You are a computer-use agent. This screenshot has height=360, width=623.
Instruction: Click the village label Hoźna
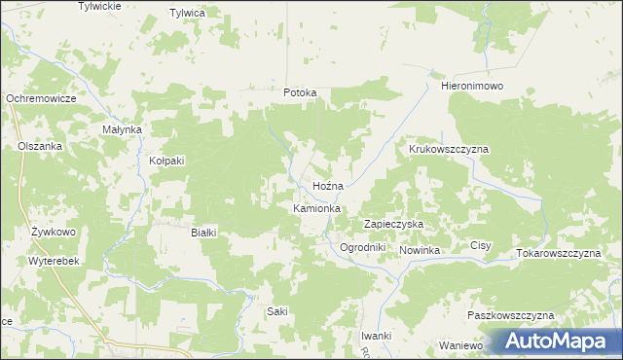click(x=328, y=185)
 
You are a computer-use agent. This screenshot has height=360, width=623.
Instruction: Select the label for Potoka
click(x=300, y=93)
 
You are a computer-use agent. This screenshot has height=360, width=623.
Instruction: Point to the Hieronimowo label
click(x=471, y=87)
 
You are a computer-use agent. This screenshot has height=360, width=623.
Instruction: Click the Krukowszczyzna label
click(x=448, y=150)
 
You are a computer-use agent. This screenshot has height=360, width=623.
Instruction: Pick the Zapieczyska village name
click(x=393, y=224)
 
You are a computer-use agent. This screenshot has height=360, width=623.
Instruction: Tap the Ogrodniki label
click(x=363, y=247)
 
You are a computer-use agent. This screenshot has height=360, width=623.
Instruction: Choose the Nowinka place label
click(x=420, y=251)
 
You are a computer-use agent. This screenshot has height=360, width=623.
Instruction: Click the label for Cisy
click(x=481, y=246)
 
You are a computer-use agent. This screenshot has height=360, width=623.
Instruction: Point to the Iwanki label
click(x=376, y=336)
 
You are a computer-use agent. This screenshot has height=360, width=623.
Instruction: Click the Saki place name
click(x=277, y=311)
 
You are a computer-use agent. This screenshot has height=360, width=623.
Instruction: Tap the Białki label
click(x=202, y=233)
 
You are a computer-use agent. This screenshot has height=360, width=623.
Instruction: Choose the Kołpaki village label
click(x=166, y=161)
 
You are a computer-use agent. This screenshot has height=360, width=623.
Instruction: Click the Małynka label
click(x=123, y=129)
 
